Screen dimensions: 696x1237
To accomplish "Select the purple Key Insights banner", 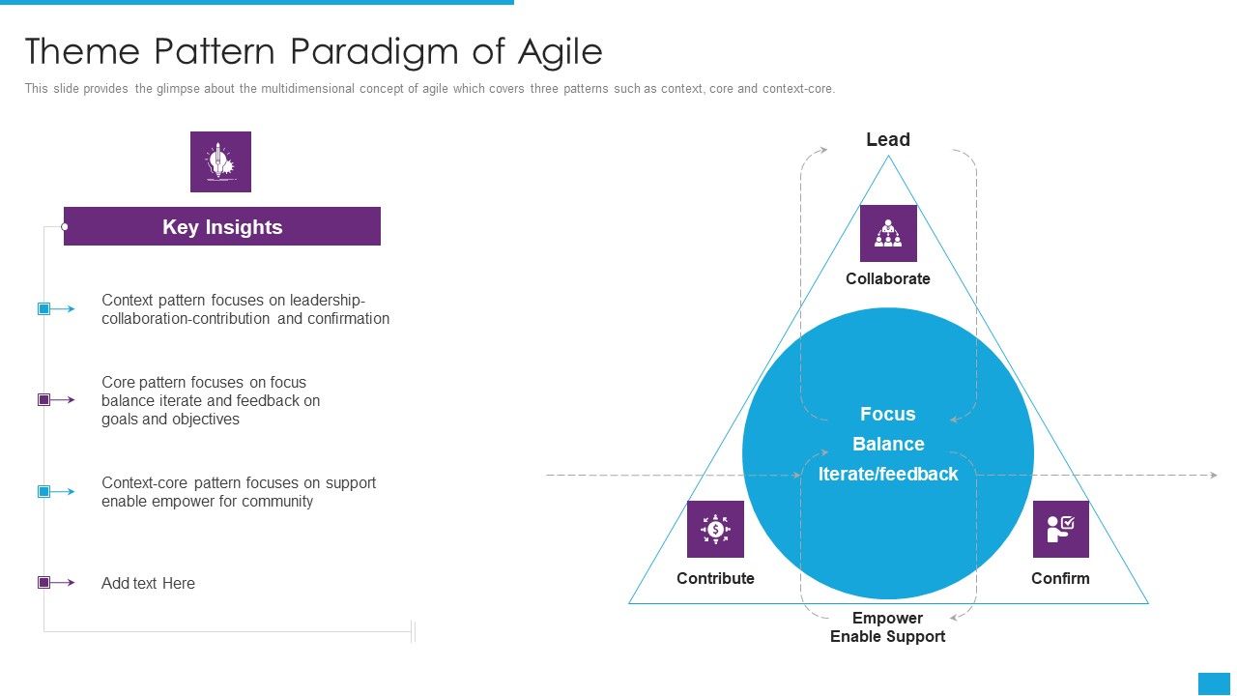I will coord(222,226).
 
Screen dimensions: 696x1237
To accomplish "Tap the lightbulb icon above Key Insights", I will coord(220,161).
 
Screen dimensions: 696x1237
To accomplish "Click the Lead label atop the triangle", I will coord(887,139).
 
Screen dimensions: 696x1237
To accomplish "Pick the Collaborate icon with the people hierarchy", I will coord(887,233).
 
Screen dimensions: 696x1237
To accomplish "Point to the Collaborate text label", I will coord(887,278).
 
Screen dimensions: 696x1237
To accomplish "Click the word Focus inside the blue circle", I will coord(887,414).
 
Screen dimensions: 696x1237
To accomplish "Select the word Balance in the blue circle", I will coord(887,444).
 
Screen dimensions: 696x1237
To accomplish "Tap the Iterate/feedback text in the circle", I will coord(887,474).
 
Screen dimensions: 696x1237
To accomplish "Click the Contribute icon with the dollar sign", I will coord(715,529).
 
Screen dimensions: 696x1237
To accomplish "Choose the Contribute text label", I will coord(715,578).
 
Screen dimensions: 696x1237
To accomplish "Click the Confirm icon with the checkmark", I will coord(1060,529).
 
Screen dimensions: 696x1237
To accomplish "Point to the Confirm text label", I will coord(1060,578).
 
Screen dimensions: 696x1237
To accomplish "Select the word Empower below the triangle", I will coord(887,618).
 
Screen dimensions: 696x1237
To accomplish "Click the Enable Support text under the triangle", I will coord(887,636).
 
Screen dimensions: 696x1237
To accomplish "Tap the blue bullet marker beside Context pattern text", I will coord(43,309).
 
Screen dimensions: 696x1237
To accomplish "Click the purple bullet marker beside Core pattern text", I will coord(43,399).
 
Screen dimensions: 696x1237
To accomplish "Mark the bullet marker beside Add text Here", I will coord(43,583).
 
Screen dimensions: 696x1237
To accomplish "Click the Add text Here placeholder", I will coord(148,583).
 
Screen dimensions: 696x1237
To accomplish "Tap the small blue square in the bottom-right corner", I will coord(1214,683).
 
